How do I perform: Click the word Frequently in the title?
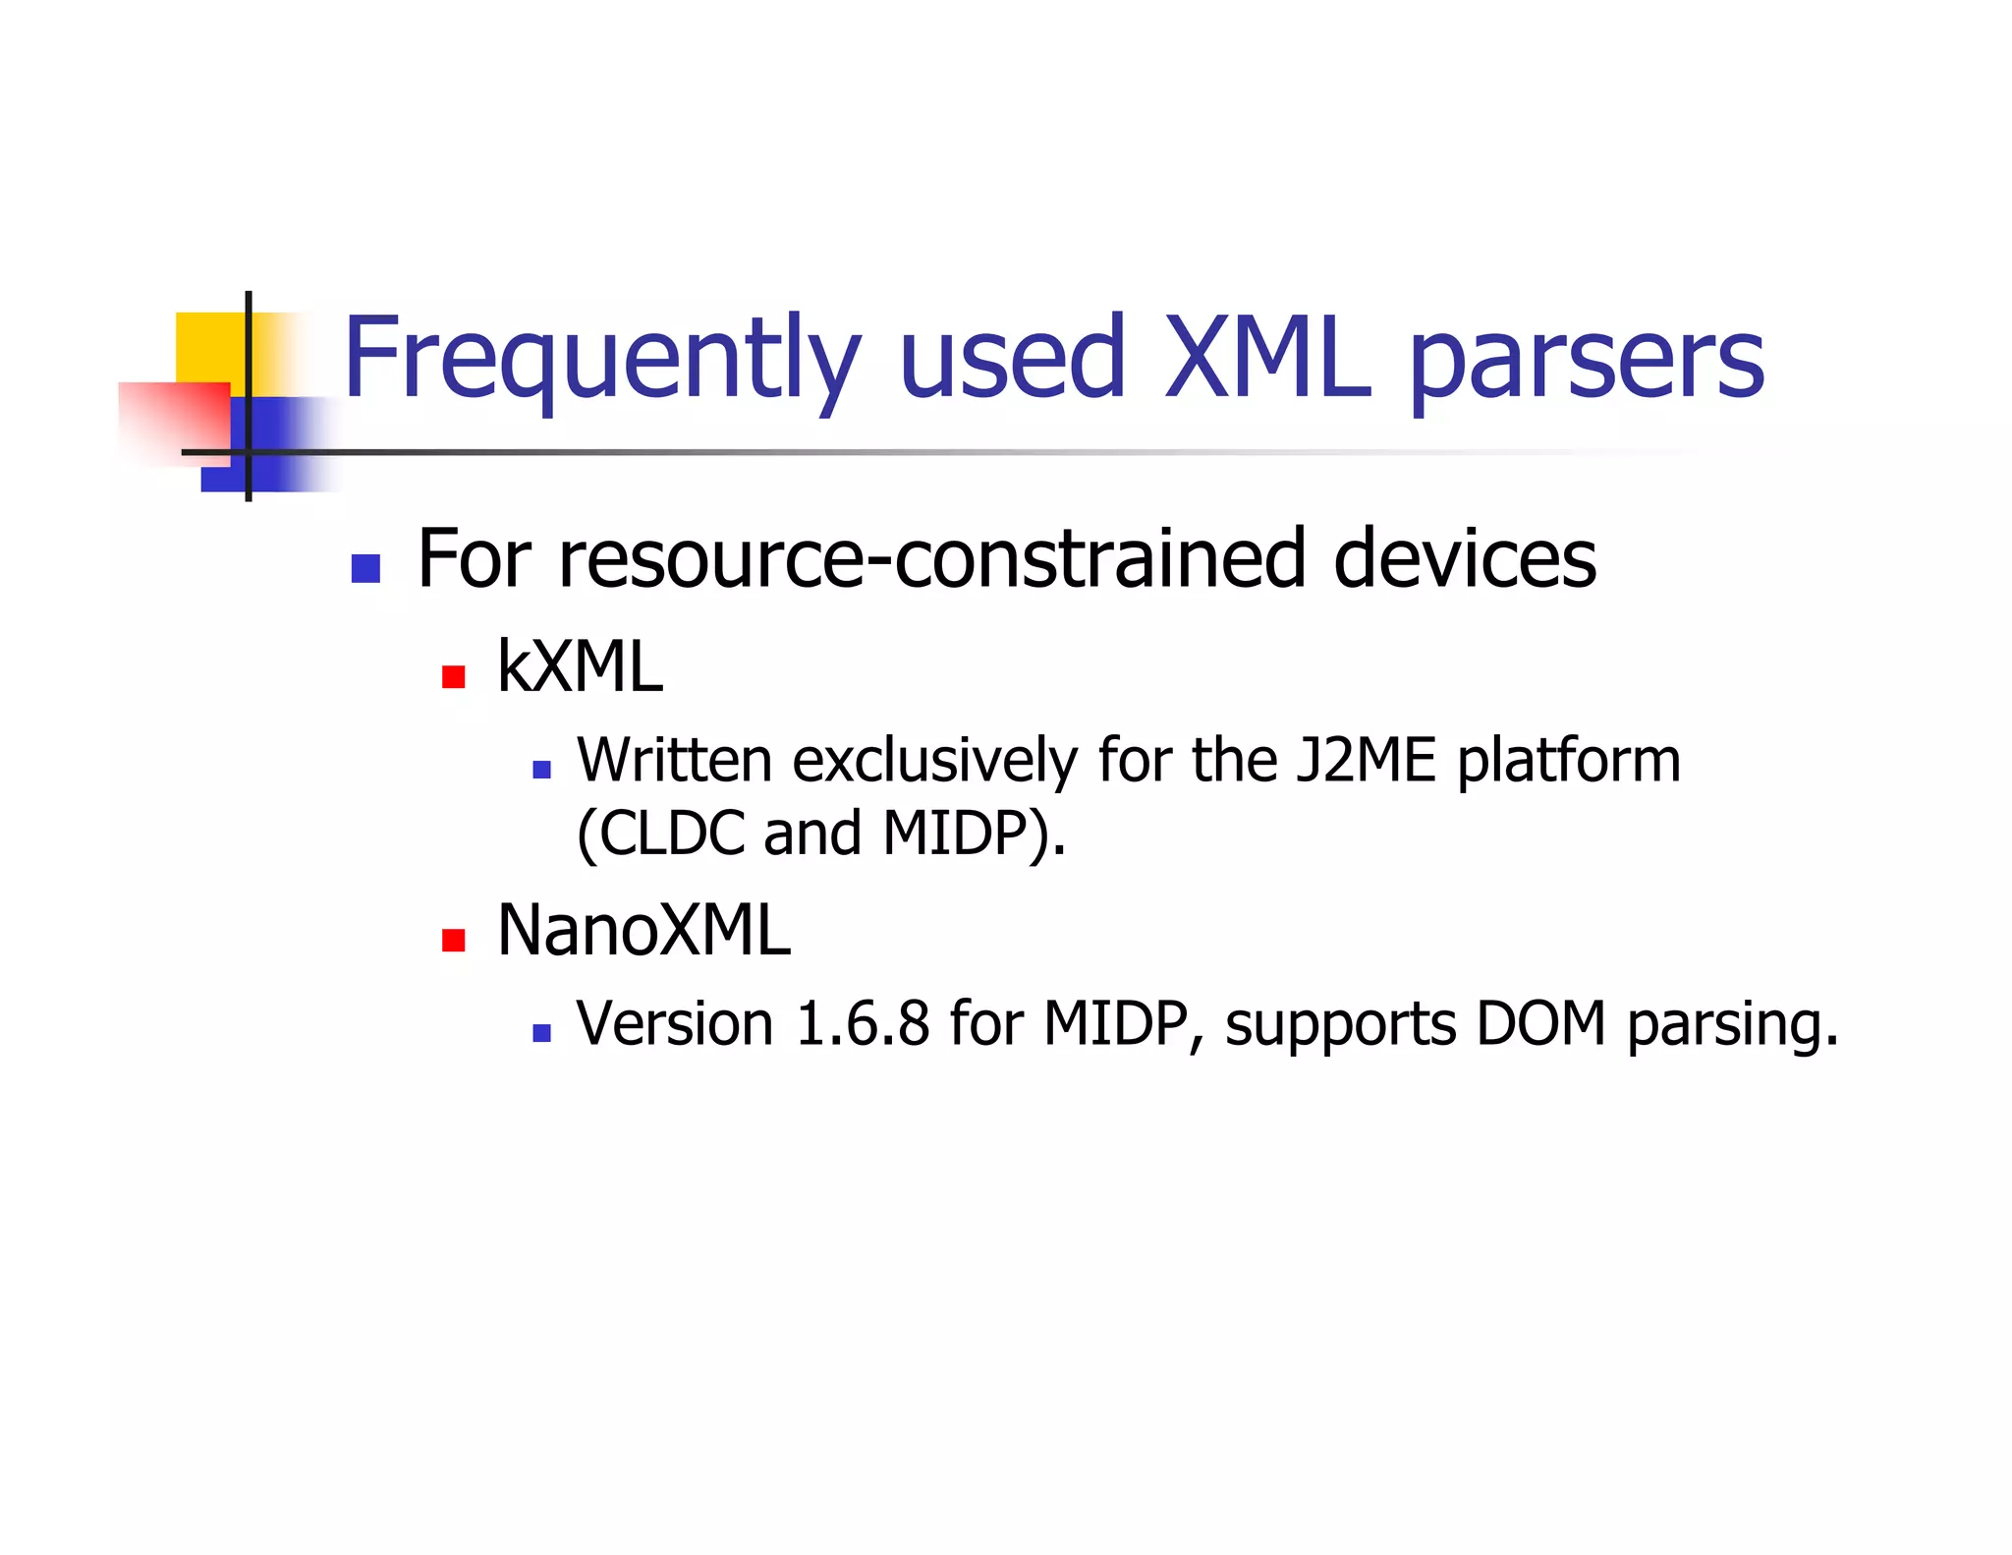coord(601,359)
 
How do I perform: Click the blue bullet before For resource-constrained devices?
coord(365,568)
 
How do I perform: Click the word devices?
coord(1464,559)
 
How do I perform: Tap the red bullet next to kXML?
coord(453,676)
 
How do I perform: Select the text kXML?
coord(580,667)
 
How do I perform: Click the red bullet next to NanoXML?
coord(453,941)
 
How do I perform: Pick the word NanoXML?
coord(643,930)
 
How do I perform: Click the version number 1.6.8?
coord(863,1024)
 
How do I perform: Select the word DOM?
coord(1539,1024)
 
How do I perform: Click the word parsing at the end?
coord(1731,1026)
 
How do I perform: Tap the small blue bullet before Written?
coord(541,770)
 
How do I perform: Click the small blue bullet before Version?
coord(541,1033)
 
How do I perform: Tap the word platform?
coord(1568,763)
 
